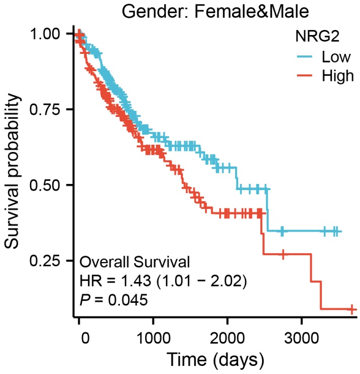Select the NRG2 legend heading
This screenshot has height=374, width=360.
point(312,36)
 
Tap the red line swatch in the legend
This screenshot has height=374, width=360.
point(305,76)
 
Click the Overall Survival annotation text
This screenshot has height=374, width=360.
point(135,263)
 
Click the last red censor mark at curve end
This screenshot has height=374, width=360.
point(352,309)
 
